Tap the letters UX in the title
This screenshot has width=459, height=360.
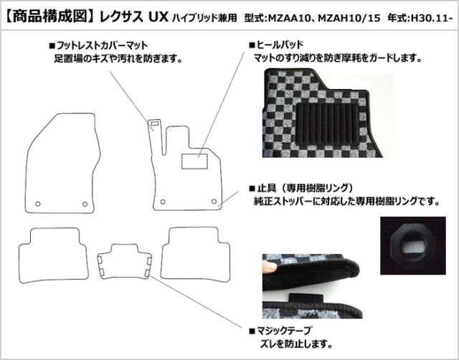tap(158, 17)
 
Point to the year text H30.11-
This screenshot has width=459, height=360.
tap(430, 18)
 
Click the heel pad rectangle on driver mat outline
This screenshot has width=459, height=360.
tap(194, 161)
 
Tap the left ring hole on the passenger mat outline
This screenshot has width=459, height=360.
tap(38, 204)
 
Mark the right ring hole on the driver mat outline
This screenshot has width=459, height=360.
tap(214, 202)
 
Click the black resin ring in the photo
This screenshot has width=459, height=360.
tap(413, 245)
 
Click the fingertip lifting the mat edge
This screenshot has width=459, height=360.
tap(269, 267)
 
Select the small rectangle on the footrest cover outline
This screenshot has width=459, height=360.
tap(155, 123)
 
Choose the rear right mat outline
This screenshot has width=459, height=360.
tap(195, 255)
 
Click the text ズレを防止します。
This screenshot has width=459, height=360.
tap(296, 344)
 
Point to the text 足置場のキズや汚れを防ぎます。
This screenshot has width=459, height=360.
tap(118, 59)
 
